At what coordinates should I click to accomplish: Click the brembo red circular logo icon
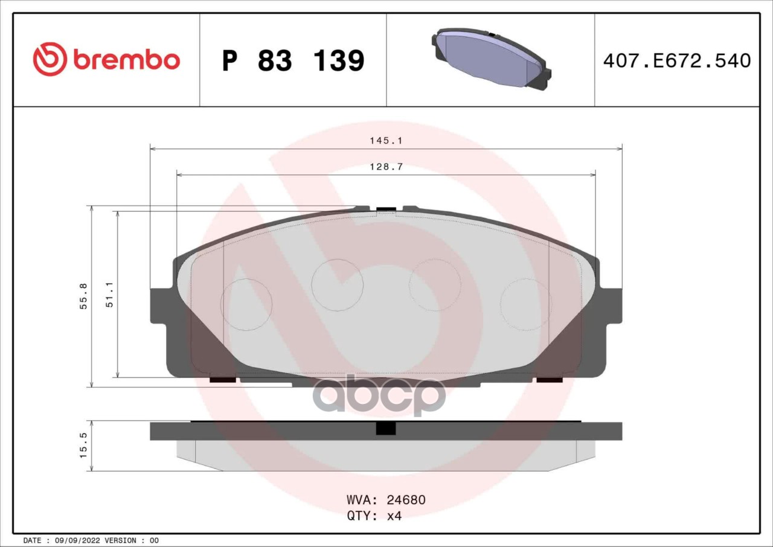(50, 59)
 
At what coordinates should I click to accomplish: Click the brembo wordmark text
(127, 60)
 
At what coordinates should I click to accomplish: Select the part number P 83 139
(293, 61)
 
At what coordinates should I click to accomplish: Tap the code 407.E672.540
(677, 61)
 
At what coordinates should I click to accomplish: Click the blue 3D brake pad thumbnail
(491, 59)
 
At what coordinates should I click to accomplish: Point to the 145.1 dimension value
(386, 141)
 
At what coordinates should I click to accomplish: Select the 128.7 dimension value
(386, 167)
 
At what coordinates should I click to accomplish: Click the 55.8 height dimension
(83, 296)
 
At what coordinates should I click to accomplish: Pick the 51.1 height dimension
(109, 295)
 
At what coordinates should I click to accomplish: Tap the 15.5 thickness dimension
(83, 445)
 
